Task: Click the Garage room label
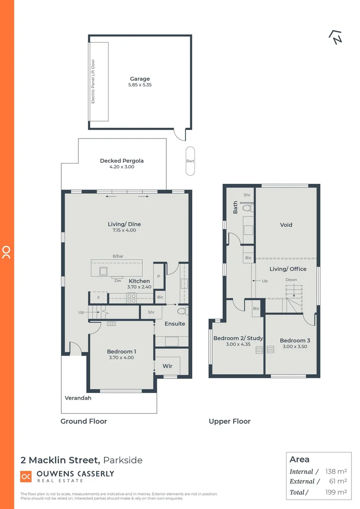139,79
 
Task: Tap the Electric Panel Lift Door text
93,82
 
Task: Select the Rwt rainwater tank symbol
190,161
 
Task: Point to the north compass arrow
335,38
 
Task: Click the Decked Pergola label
122,161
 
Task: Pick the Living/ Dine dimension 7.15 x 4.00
124,230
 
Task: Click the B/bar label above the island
118,256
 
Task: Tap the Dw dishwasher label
118,280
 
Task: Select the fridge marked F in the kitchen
98,298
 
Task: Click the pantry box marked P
158,277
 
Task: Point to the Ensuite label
175,324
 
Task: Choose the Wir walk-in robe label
167,366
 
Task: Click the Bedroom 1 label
122,352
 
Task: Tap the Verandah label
78,398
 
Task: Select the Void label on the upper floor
286,225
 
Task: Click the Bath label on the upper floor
236,207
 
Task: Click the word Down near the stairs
291,280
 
